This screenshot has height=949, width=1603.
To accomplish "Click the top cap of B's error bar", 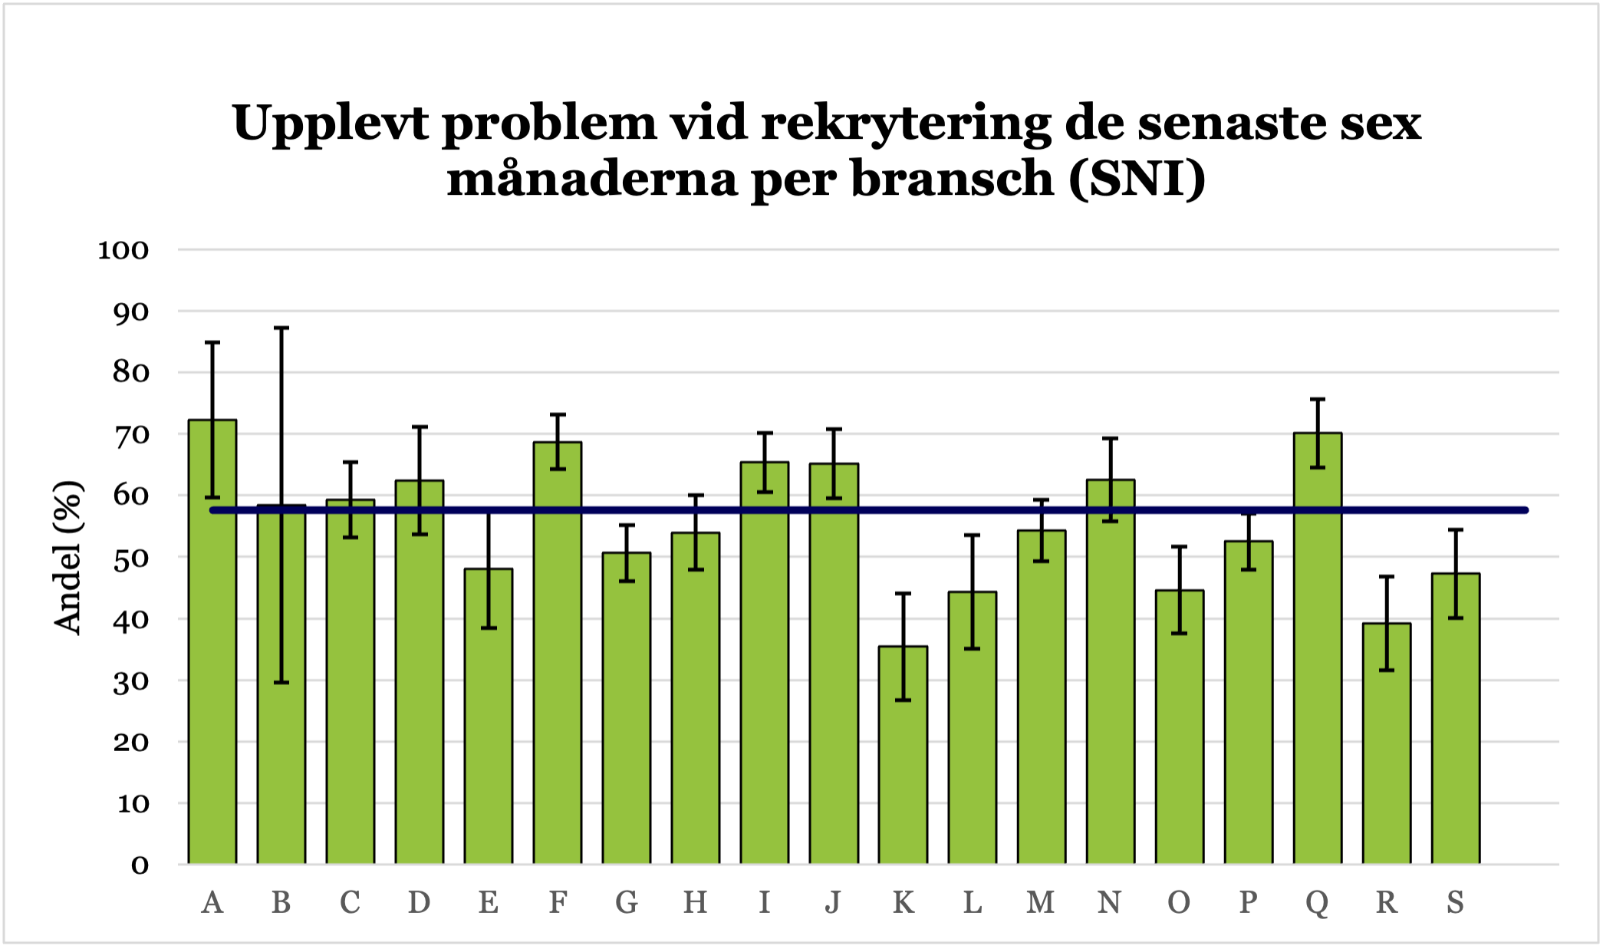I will (281, 328).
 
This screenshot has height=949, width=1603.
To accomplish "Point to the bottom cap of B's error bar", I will (281, 682).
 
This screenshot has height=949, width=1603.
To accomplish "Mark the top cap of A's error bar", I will (212, 342).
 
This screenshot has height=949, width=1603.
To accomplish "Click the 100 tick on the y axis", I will (123, 250).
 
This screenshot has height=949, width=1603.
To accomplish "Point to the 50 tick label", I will (130, 559).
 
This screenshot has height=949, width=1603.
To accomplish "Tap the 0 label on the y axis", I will (140, 866).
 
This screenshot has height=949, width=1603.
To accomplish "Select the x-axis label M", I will (1041, 903).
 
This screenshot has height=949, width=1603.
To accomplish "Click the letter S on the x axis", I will (1456, 903).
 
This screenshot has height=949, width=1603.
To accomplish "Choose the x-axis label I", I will (765, 903).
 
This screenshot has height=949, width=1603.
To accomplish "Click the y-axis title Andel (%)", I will (67, 557).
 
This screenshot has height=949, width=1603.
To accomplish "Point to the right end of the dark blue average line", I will (1525, 510).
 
